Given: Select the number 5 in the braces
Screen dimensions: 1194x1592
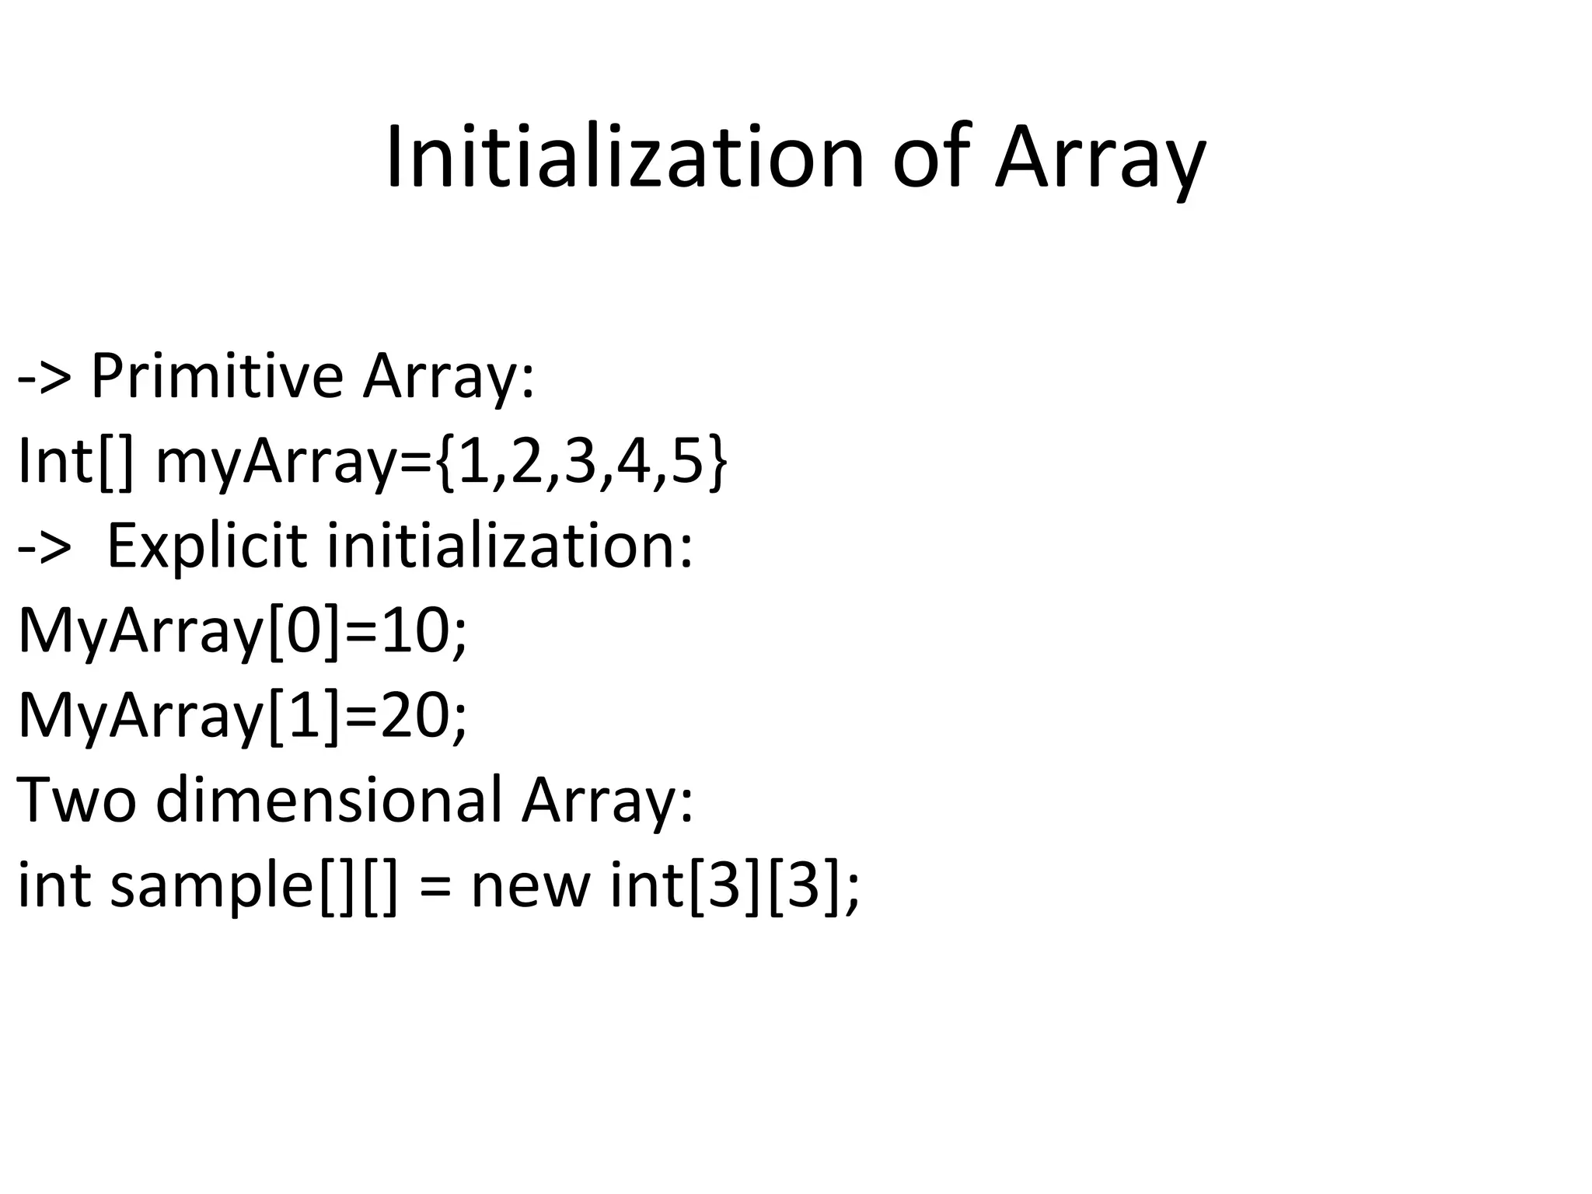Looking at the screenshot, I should (687, 462).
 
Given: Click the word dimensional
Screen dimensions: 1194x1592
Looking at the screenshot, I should (329, 801).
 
